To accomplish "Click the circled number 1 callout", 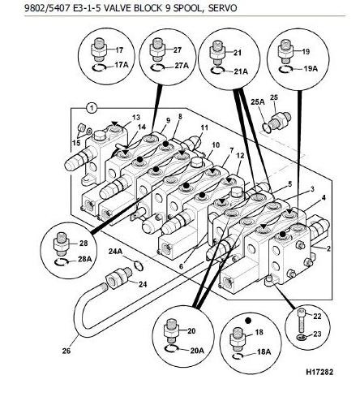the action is [92, 108].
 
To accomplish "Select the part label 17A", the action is [122, 65].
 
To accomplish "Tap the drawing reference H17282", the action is [319, 372].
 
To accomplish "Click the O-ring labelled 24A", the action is [139, 265].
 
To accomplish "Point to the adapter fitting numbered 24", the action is [118, 277].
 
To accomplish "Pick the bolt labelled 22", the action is [301, 321].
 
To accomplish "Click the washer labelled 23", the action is [301, 337].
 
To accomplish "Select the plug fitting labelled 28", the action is [62, 244].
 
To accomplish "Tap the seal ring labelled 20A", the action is [171, 349].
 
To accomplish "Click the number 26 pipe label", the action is [66, 351].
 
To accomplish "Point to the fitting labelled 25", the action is [281, 119].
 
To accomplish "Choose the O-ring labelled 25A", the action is [267, 127].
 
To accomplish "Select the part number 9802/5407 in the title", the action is [47, 8].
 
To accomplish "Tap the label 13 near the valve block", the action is [136, 117].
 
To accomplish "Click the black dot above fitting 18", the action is [248, 321].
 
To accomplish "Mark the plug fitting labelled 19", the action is [285, 51].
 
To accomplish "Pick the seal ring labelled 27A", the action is [157, 68].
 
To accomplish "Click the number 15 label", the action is [76, 143].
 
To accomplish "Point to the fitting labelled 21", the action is [217, 53].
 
